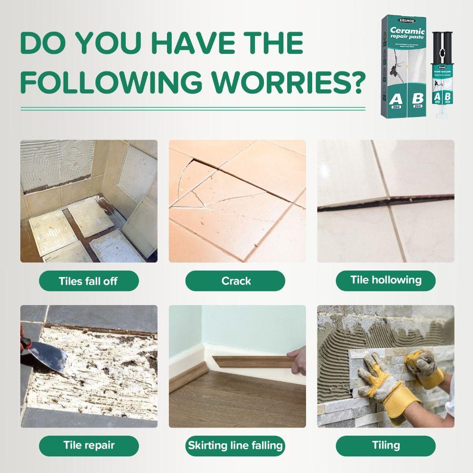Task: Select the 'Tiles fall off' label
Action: (x=88, y=281)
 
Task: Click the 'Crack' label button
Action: (x=236, y=281)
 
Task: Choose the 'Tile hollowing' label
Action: (x=385, y=280)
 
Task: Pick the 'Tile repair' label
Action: (x=88, y=445)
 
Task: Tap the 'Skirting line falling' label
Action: (x=236, y=445)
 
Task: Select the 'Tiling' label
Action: (x=385, y=445)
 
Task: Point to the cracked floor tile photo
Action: (x=237, y=201)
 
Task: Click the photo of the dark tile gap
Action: (x=385, y=201)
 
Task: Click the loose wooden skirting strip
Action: (x=251, y=362)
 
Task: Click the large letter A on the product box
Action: (x=394, y=100)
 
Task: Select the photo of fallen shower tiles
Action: (x=88, y=201)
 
